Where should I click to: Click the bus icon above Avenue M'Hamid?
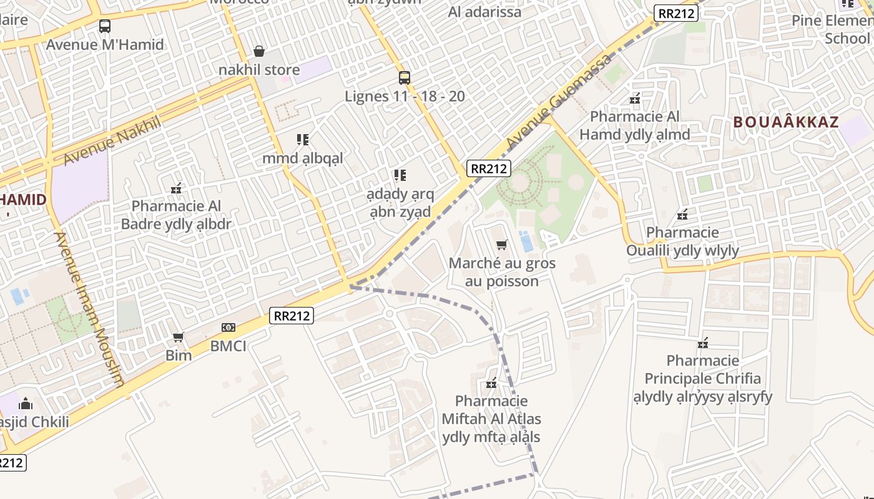[105, 26]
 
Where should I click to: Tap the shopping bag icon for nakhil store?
[259, 51]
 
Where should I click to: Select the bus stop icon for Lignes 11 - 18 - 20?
[405, 78]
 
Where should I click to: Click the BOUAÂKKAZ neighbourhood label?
[786, 122]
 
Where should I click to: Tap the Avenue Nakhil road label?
[112, 140]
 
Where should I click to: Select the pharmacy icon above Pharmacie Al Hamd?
[635, 99]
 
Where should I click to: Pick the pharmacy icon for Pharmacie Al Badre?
[176, 188]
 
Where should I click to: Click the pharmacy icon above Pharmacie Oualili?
[682, 215]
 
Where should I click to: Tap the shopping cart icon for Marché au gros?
[501, 245]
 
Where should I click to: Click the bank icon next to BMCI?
[228, 327]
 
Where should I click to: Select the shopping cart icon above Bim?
[179, 337]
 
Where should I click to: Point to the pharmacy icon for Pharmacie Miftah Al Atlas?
[491, 383]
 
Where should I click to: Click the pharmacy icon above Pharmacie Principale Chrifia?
[703, 342]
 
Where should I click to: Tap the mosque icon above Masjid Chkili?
[26, 404]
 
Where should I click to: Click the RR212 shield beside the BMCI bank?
[292, 316]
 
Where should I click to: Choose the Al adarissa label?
[485, 12]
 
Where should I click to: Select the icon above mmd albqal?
[303, 140]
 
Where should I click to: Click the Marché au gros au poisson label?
[502, 272]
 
